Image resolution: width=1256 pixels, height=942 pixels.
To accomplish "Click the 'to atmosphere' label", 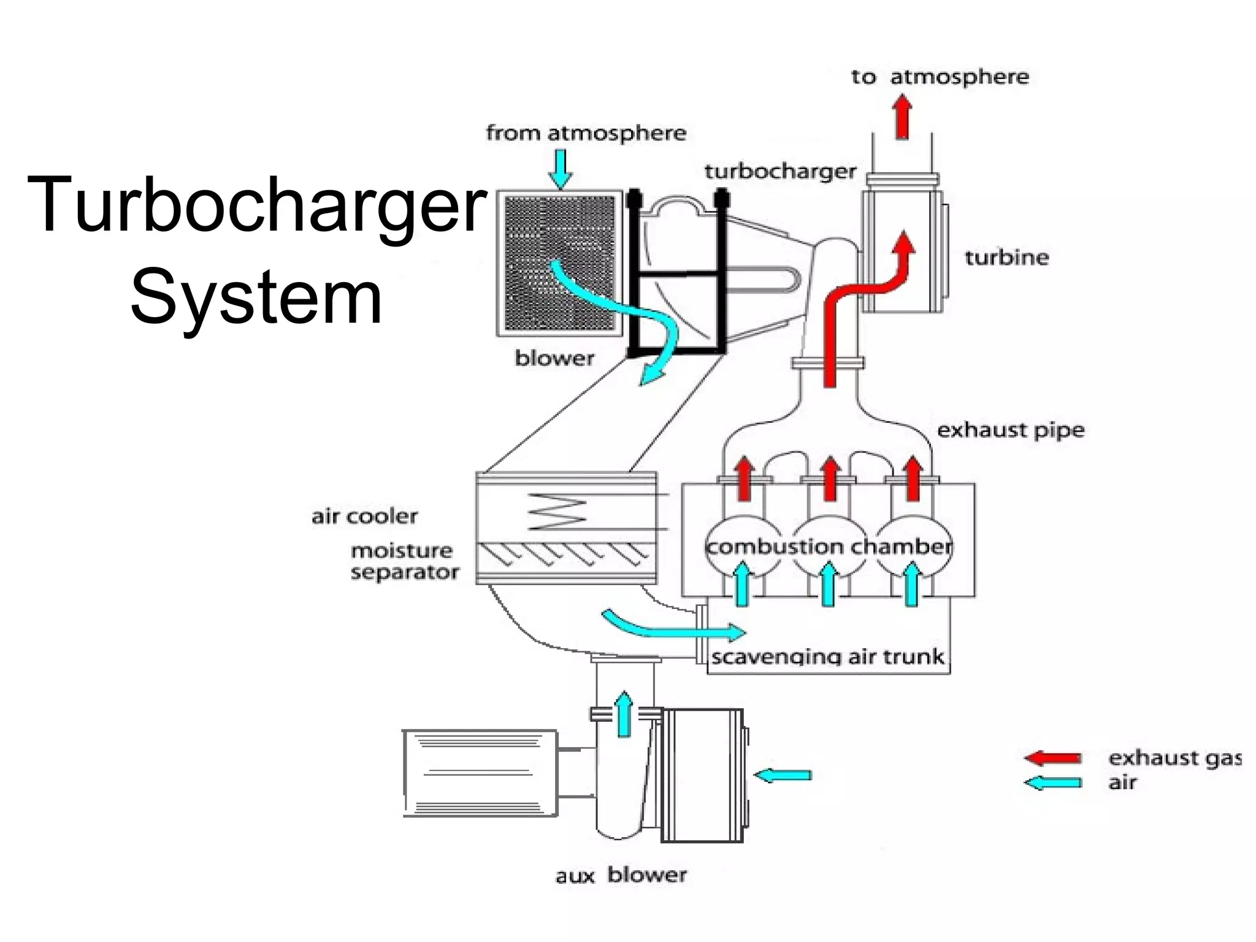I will click(940, 77).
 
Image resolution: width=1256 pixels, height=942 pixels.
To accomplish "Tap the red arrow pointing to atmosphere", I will click(902, 117).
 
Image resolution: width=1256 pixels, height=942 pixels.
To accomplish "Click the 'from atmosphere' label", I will click(586, 133).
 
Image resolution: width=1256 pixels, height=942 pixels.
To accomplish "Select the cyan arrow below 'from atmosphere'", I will click(560, 169).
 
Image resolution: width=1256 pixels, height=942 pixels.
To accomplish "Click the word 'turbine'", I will click(1006, 257).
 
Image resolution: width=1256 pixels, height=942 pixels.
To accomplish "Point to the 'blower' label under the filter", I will click(554, 358).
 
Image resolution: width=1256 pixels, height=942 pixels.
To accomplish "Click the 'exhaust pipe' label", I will click(1011, 430).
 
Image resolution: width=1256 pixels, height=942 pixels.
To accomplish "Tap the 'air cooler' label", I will click(364, 516).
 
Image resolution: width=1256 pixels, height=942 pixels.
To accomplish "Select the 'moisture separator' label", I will click(404, 562).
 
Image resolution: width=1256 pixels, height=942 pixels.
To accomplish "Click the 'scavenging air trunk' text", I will click(827, 657).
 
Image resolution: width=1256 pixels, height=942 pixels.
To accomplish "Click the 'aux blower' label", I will click(621, 875).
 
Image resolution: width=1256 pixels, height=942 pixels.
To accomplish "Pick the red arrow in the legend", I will click(1053, 758).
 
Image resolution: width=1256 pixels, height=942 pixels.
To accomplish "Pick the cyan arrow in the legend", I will click(1053, 783).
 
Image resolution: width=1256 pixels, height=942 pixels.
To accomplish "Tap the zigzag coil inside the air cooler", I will click(557, 511).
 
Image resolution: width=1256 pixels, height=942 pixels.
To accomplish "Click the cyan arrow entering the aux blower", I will click(783, 775).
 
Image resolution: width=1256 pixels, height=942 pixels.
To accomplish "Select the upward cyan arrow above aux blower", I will click(624, 713).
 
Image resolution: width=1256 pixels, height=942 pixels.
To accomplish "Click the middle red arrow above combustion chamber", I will click(830, 478).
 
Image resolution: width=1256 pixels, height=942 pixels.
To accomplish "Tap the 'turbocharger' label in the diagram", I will click(780, 172).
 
